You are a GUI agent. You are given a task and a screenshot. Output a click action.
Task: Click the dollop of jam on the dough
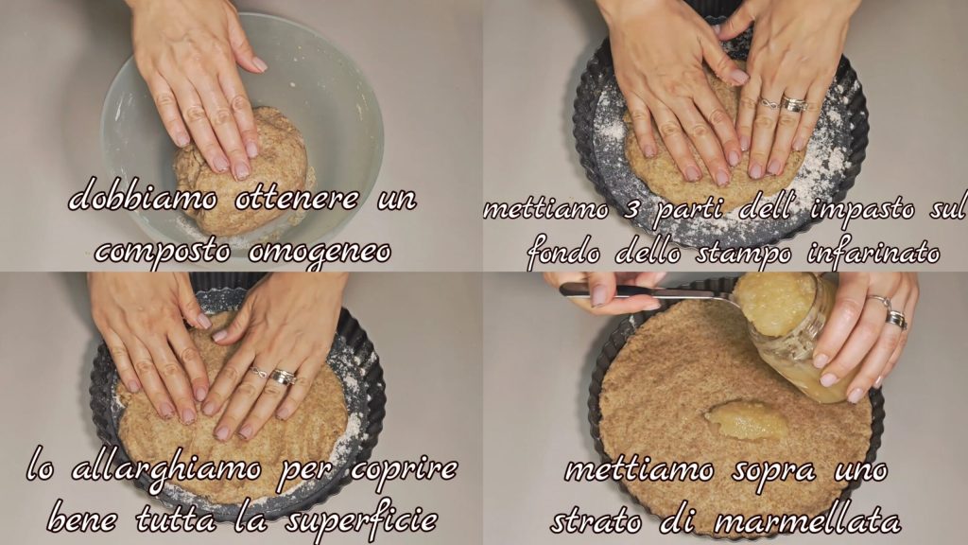pyautogui.click(x=747, y=420)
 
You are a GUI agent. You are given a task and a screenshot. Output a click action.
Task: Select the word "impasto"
pyautogui.click(x=862, y=210)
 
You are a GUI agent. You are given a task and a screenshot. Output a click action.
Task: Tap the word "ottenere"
pyautogui.click(x=297, y=198)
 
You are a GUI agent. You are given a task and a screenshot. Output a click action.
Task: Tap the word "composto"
pyautogui.click(x=164, y=253)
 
